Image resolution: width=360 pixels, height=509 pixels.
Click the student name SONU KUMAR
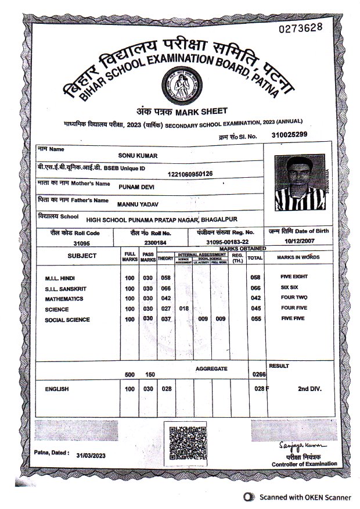(138, 156)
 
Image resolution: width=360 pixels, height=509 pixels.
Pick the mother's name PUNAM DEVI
(136, 188)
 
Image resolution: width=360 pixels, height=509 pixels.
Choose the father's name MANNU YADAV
(138, 205)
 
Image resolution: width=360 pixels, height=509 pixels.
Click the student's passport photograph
(298, 181)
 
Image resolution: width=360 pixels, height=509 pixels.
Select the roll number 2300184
(156, 242)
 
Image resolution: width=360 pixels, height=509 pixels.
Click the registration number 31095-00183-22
(227, 242)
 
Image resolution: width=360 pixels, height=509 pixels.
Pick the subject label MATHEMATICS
(64, 299)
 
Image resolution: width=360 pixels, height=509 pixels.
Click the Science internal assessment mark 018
(184, 309)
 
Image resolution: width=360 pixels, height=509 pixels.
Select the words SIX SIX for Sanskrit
(289, 288)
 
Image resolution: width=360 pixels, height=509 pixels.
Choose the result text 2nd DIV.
(309, 388)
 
